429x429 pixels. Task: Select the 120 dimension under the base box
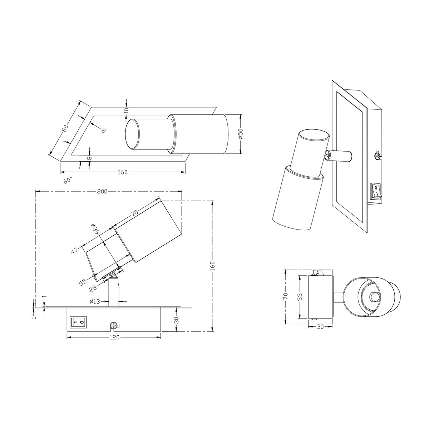coord(115,337)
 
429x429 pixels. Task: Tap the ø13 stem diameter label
coord(95,301)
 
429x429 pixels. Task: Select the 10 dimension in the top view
coord(127,110)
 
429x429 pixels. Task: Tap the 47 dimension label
coord(75,250)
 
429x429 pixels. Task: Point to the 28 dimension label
coord(93,288)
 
